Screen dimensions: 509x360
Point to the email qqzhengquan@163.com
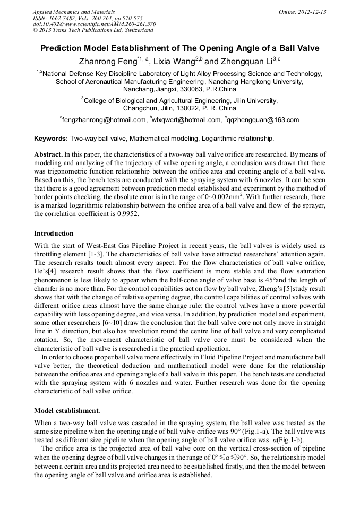pos(263,120)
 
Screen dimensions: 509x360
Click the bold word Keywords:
pos(51,139)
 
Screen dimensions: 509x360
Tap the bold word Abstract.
pos(48,154)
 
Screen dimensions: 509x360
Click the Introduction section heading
pos(54,234)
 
